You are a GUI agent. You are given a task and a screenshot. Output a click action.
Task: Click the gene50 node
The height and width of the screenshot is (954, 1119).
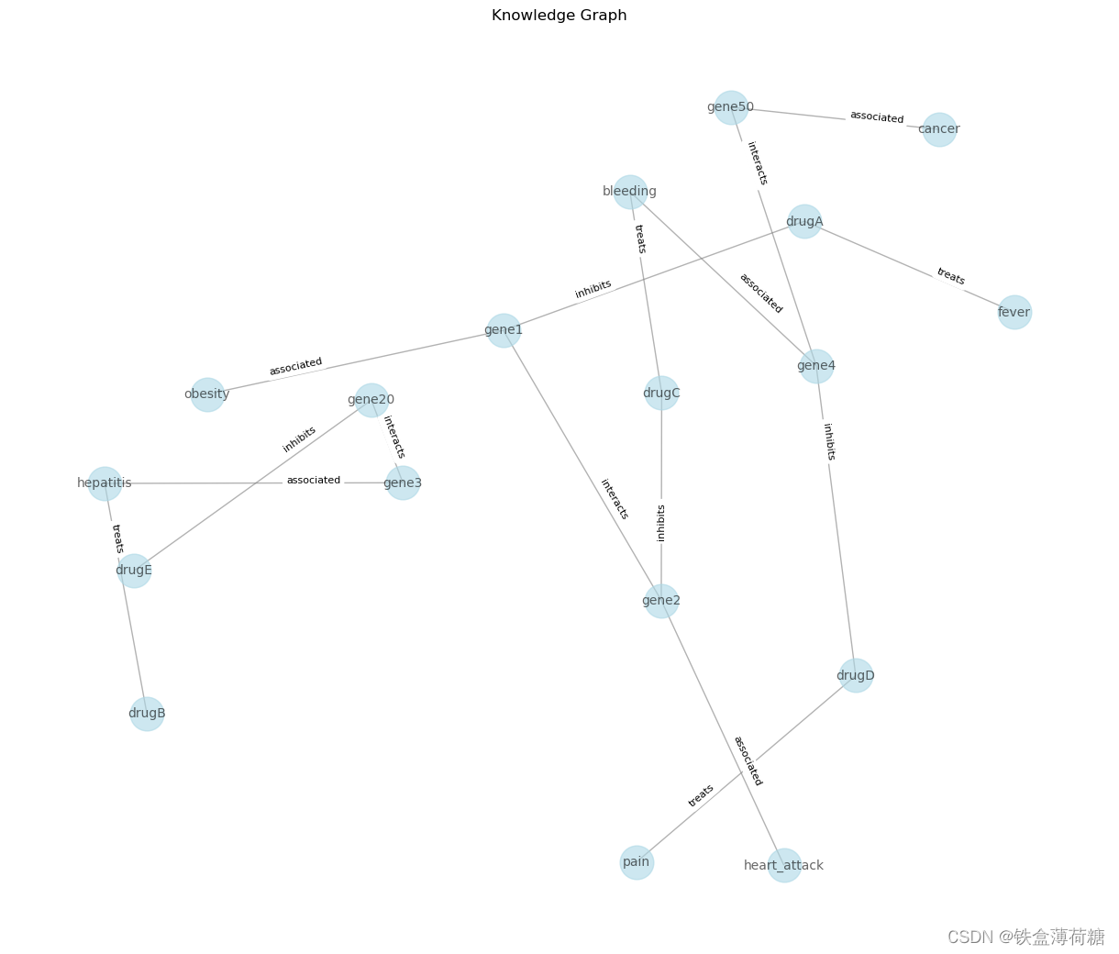tap(730, 107)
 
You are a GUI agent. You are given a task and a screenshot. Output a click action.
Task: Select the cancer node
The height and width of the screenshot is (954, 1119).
tap(939, 129)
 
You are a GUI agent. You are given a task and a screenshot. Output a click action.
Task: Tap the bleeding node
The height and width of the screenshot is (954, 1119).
tap(630, 192)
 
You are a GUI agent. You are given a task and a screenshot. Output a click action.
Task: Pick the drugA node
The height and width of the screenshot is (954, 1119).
tap(804, 221)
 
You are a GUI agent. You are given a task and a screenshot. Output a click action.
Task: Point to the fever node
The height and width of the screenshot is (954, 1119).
tap(1014, 312)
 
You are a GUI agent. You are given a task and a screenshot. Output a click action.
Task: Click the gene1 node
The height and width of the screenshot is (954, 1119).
tap(504, 330)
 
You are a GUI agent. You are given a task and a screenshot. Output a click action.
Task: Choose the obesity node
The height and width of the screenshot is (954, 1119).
tap(207, 394)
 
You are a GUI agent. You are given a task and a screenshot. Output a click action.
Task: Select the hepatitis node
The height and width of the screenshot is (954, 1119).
tap(105, 483)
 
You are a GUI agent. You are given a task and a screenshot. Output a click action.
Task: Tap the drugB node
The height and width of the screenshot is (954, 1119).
tap(147, 714)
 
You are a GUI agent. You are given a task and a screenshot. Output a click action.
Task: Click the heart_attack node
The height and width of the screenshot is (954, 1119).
tap(784, 865)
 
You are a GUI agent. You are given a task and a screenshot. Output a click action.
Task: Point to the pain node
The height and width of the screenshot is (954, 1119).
tap(637, 862)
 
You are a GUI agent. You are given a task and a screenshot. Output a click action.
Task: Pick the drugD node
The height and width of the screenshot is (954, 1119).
tap(856, 676)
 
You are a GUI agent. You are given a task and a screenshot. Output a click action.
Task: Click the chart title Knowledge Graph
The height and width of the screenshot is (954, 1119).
tap(559, 16)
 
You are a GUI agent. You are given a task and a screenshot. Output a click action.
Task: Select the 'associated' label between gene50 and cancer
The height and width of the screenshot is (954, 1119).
tap(877, 117)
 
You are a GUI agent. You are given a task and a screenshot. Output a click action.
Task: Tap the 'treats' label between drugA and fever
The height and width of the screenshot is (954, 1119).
tap(950, 276)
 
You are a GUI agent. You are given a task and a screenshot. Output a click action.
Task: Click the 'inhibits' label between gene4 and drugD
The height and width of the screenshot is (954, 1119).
tap(829, 441)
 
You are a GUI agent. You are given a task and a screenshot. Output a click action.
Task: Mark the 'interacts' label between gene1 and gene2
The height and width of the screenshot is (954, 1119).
tap(615, 499)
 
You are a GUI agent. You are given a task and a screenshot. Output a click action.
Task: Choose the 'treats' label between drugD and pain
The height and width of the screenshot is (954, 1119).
tap(701, 795)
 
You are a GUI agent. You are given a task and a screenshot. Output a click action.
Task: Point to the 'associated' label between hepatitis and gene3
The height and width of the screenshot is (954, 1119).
tap(314, 481)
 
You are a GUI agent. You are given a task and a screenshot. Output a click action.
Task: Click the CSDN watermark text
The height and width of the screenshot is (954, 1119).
tap(1025, 937)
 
